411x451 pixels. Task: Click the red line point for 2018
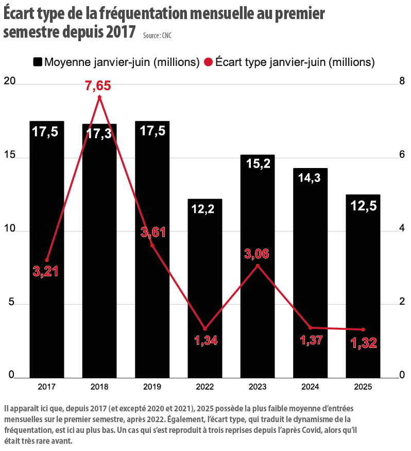tap(99, 97)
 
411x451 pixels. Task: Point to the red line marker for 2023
tap(258, 266)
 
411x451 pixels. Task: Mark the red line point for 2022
tap(204, 328)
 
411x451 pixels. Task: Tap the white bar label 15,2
tap(258, 164)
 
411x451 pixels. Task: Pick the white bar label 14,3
tap(310, 177)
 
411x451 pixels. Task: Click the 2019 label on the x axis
tap(152, 386)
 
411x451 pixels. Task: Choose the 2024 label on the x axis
tap(310, 386)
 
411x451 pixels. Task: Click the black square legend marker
tap(38, 62)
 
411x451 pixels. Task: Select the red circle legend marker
tap(208, 62)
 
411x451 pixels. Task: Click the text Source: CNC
tap(158, 36)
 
